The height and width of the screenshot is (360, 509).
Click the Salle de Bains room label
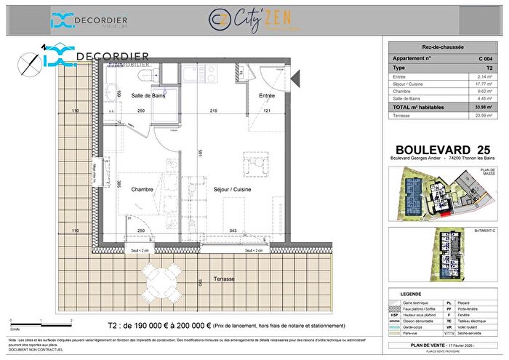pos(147,96)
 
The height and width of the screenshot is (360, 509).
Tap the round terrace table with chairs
pos(161,279)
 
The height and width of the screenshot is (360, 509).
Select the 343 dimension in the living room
pos(233,231)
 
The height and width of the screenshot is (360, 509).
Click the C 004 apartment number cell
pos(483,56)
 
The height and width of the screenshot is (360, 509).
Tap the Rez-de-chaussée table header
pos(442,45)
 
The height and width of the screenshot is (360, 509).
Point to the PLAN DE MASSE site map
pos(442,193)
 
